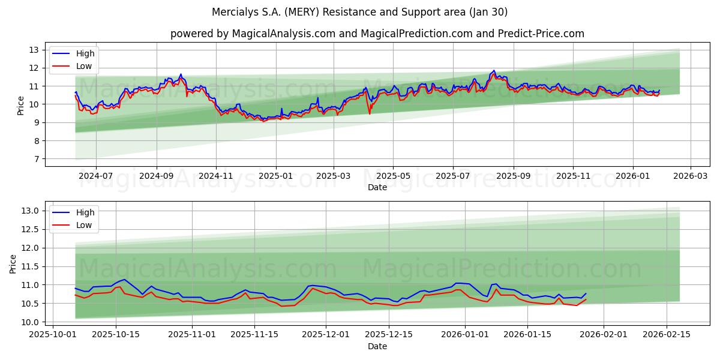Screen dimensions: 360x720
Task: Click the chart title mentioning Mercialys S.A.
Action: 359,12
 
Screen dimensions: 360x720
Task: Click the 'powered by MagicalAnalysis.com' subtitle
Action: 377,34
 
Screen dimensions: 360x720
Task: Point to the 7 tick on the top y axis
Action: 37,159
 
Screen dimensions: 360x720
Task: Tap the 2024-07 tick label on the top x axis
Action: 96,176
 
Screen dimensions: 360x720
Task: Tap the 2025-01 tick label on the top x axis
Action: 275,176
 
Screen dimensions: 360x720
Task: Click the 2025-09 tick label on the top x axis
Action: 513,176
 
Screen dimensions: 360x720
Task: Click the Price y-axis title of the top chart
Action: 20,106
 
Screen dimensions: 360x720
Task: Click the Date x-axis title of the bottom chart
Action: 377,346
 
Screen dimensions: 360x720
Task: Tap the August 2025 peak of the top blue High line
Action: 494,70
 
